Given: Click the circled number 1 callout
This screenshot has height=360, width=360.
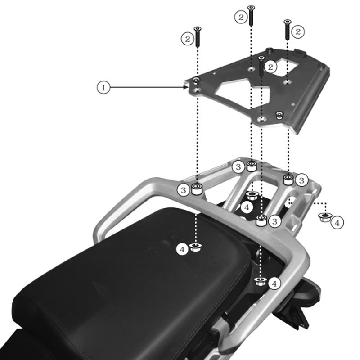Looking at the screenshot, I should (x=103, y=87).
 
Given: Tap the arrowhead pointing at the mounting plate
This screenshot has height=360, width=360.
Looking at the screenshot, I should (x=186, y=87).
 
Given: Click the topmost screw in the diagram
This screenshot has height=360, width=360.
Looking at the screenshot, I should (x=251, y=16).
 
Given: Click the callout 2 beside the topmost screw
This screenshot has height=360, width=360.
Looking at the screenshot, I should (x=241, y=17).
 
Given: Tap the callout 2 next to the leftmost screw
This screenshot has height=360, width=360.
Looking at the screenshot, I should (x=187, y=39).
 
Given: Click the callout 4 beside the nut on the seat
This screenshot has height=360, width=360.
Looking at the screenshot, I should (x=182, y=249).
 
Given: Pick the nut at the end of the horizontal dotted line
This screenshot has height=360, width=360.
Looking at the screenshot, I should (x=323, y=218).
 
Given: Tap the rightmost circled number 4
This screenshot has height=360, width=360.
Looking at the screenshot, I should (x=337, y=222).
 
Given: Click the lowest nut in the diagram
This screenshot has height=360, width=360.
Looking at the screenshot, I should (x=260, y=281).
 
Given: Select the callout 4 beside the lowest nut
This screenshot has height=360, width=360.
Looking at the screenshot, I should (x=274, y=283).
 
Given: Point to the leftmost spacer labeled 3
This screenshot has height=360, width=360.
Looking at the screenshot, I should (x=196, y=189).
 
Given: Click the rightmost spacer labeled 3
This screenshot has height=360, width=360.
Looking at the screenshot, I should (x=288, y=179).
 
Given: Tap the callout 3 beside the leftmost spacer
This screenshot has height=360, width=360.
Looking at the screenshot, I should (x=183, y=190).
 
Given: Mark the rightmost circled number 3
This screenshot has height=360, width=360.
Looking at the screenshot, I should (x=301, y=180).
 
